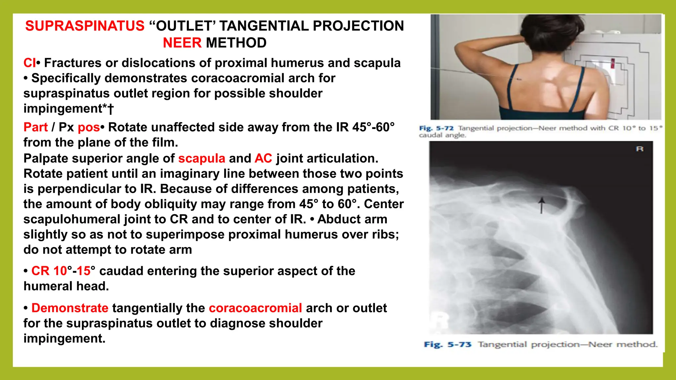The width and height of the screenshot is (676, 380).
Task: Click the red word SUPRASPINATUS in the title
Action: (85, 26)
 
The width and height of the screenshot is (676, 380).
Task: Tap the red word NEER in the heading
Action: (182, 43)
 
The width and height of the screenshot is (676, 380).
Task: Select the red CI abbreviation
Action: (29, 63)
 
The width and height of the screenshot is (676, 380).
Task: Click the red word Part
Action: (36, 127)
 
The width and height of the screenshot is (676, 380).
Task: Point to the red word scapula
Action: (202, 158)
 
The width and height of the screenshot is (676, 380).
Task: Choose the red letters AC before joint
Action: (263, 158)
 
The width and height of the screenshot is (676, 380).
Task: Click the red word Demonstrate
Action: (70, 308)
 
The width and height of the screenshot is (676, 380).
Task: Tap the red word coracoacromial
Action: (255, 308)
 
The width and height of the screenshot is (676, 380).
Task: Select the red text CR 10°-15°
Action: (63, 271)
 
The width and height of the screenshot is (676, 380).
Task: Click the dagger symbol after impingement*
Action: (111, 109)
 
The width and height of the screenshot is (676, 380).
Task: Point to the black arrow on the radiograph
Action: (541, 206)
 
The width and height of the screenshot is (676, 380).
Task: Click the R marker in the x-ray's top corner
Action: (639, 149)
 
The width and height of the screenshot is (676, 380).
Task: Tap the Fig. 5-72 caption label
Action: (436, 128)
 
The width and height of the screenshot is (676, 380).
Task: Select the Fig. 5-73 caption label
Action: (448, 345)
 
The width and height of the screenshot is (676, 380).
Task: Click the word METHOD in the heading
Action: (236, 43)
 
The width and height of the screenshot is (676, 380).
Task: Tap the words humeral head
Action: (66, 286)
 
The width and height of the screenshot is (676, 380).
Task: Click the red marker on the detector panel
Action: (613, 63)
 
